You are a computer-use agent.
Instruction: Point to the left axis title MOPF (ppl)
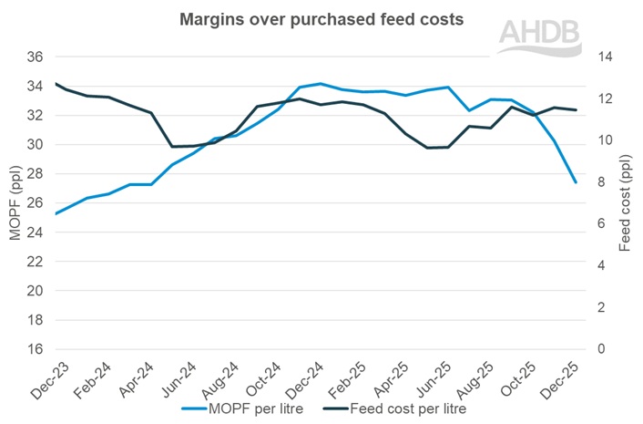pos(14,202)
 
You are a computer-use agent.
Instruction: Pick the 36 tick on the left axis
pos(34,57)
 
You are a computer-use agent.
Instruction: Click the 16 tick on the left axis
pos(34,349)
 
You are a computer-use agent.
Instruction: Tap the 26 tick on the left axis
pos(34,203)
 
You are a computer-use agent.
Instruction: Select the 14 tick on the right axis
pos(602,57)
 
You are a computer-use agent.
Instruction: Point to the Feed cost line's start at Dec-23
pos(56,83)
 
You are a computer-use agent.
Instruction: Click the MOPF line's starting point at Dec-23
pos(56,213)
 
